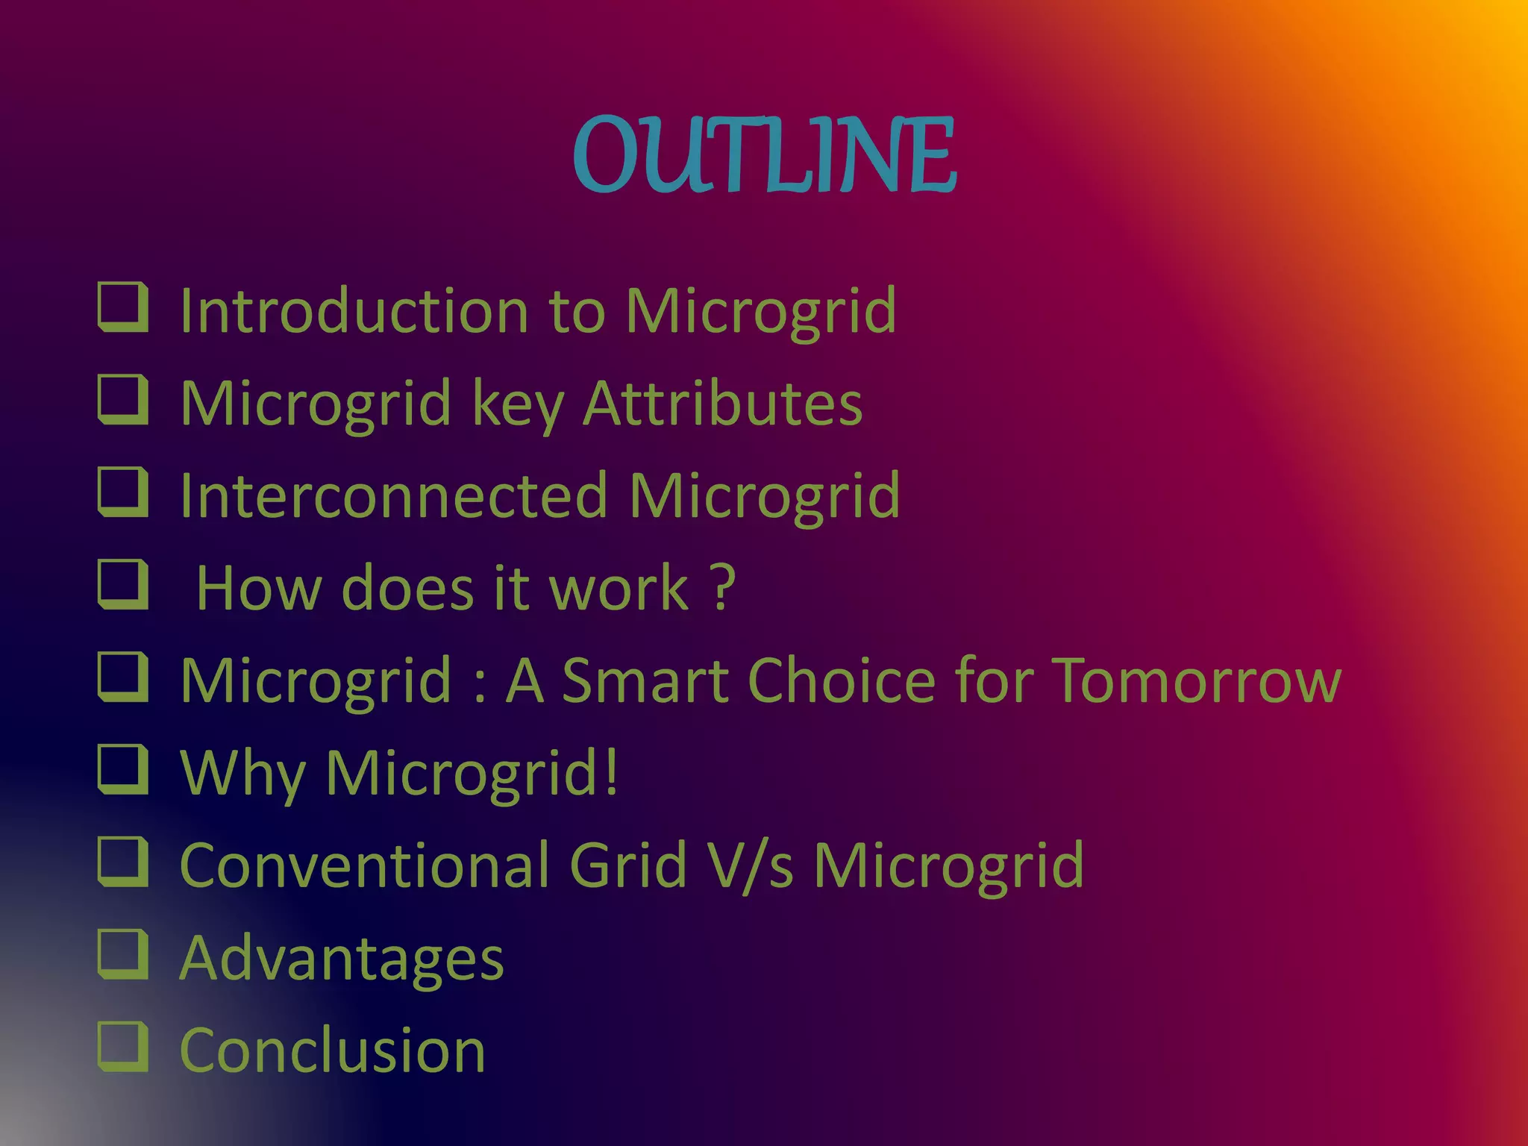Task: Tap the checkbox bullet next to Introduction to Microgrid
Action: point(123,307)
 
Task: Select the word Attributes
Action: point(722,404)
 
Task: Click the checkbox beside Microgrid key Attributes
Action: point(123,399)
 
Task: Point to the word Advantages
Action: point(342,959)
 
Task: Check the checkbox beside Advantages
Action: point(123,954)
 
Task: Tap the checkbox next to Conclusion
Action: point(123,1047)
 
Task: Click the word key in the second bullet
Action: point(518,405)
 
